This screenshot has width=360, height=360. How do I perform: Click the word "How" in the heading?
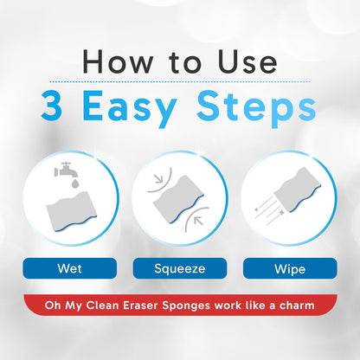[118, 61]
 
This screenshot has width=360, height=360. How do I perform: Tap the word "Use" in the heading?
[247, 61]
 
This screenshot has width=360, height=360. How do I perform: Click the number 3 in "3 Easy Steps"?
[52, 106]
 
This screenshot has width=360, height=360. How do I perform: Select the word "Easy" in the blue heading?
[130, 108]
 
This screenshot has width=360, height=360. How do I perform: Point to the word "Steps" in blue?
[256, 108]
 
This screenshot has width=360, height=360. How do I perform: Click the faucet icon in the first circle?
[66, 170]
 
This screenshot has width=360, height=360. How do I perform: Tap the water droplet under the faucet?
[75, 183]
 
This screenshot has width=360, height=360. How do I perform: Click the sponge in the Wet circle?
[72, 211]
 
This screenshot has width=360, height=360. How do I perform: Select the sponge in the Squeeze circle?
[178, 200]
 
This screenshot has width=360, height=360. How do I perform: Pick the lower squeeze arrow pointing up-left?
[198, 221]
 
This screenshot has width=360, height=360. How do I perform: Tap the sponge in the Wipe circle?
[298, 189]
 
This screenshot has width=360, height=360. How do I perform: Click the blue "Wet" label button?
[70, 268]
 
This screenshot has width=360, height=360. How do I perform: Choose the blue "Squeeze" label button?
[180, 268]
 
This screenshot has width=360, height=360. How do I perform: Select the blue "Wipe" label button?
[290, 268]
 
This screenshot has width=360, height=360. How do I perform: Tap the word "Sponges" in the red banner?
[186, 306]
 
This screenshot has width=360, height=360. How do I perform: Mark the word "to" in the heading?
[185, 63]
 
